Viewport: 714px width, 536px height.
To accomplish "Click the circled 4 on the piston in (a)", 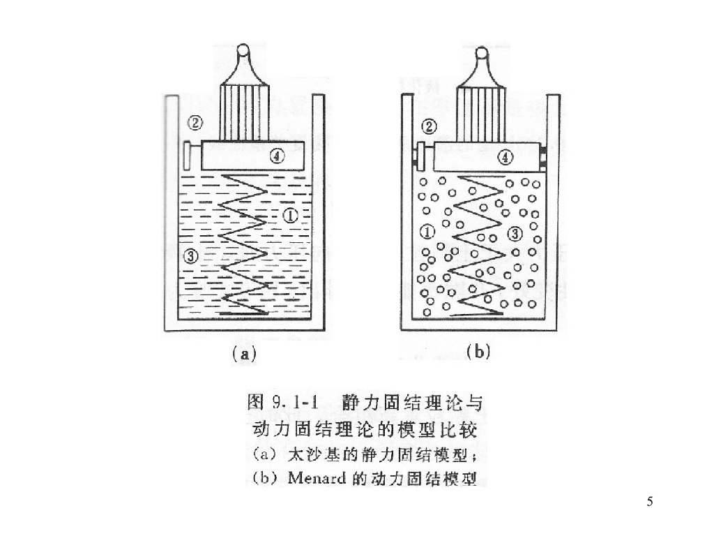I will click(277, 157).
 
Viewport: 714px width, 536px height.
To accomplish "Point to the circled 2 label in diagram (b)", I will click(430, 126).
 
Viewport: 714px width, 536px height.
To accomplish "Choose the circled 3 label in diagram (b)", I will click(515, 234).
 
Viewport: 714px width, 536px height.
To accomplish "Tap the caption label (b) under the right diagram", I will click(478, 352).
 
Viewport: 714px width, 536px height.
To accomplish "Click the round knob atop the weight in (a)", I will click(242, 51).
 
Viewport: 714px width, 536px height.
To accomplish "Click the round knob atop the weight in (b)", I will click(480, 53).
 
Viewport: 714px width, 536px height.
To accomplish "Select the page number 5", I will click(650, 501).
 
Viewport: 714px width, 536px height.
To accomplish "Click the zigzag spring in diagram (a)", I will click(243, 244).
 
